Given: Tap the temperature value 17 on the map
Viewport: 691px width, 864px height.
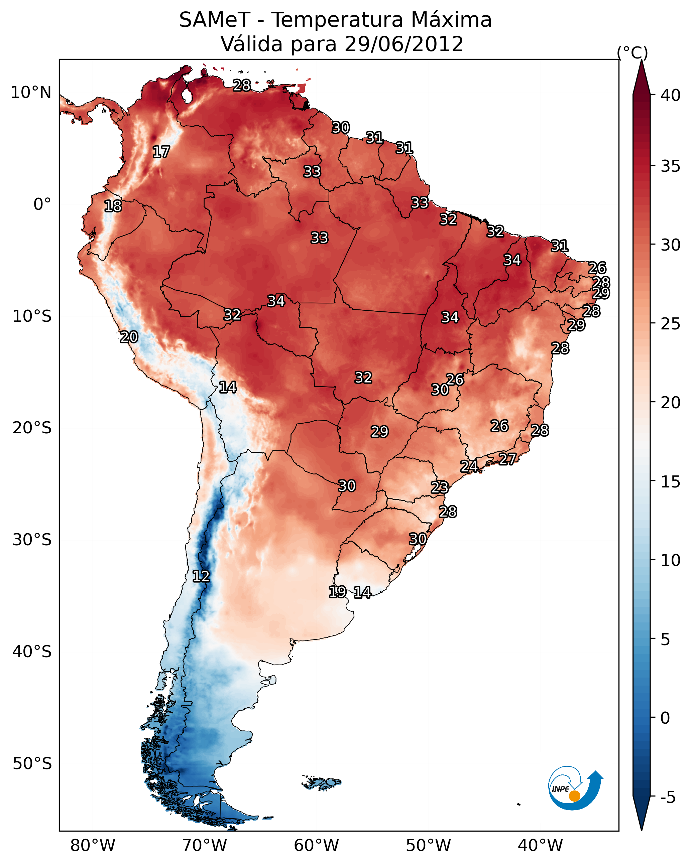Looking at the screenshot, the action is click(161, 152).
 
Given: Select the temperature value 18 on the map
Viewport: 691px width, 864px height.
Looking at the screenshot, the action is click(113, 206).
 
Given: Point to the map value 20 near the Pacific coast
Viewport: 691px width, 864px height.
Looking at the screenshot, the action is click(129, 337).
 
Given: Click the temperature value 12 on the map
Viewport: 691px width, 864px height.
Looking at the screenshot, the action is click(201, 576).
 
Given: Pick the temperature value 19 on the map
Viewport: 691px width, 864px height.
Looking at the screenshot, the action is click(337, 591).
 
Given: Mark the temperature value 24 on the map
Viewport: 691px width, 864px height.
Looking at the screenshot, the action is click(469, 466).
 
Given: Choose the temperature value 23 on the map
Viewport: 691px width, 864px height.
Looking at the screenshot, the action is click(440, 487).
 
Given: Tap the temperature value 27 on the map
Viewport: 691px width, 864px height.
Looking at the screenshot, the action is click(507, 459).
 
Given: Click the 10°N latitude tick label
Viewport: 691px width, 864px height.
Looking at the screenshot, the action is click(31, 93).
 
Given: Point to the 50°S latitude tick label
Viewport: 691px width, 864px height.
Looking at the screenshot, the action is click(32, 764).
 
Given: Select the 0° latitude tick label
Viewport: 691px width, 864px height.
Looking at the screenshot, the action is click(42, 204).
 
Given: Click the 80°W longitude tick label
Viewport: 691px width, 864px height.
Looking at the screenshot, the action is click(93, 845).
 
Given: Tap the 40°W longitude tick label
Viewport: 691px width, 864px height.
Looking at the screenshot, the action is click(540, 845).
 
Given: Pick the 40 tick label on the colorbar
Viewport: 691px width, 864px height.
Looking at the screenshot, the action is click(671, 95).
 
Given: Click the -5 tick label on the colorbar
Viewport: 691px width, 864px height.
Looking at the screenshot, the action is click(668, 798).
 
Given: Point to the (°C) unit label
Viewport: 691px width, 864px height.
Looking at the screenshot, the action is click(632, 52).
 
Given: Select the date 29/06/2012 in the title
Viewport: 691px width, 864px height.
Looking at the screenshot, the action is click(404, 44).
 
